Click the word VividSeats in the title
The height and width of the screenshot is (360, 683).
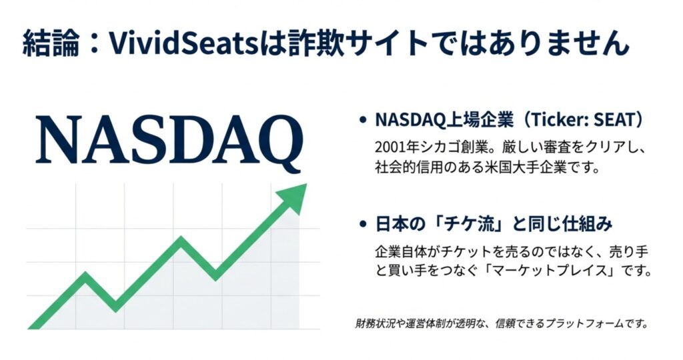click(183, 43)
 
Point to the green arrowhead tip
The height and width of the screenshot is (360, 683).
click(307, 184)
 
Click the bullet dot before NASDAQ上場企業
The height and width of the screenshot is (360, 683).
click(362, 120)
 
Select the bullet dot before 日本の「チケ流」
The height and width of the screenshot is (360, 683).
click(362, 225)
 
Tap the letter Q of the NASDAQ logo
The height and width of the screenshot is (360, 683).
click(279, 143)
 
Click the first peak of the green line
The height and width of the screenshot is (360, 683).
click(85, 275)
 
